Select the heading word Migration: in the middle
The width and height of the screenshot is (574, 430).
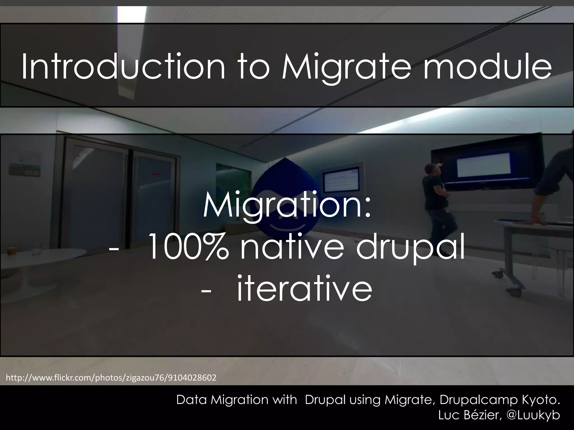click(x=287, y=207)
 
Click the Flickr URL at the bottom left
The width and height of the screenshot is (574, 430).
click(x=111, y=378)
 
